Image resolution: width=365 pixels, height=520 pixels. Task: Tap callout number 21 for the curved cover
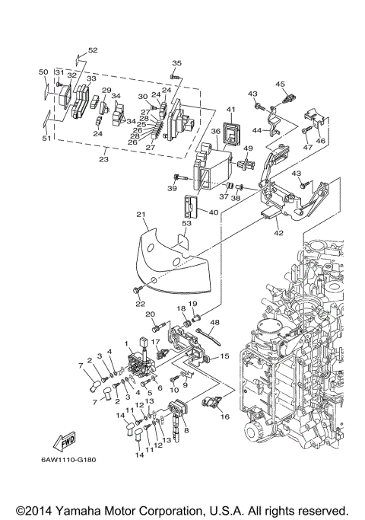(x=141, y=215)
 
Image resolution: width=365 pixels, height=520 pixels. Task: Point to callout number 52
(x=93, y=50)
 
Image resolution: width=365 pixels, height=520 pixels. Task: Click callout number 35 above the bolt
(x=176, y=62)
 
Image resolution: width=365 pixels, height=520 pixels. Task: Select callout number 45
(x=279, y=84)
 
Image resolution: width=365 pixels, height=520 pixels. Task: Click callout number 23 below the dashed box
(x=105, y=159)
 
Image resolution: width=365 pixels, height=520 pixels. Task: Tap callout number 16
(x=224, y=417)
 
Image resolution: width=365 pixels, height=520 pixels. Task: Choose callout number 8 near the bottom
(x=186, y=429)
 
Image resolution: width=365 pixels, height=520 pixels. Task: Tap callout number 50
(x=43, y=72)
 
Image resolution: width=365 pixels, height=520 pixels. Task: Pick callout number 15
(x=224, y=356)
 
